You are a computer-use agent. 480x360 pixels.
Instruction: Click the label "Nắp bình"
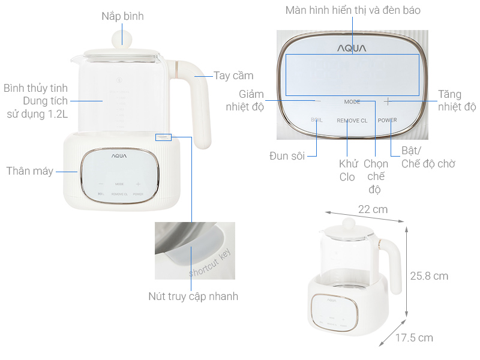pos(122,16)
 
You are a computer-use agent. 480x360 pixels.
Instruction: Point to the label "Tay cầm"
pos(233,76)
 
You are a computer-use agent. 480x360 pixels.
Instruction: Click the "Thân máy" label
pos(29,171)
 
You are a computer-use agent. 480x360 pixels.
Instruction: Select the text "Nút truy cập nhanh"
pos(193,296)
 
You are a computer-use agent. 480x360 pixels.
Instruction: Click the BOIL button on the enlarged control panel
pos(317,120)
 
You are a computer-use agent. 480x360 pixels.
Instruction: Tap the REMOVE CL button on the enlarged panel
pos(352,121)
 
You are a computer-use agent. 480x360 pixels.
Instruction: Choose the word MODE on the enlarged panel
pos(352,102)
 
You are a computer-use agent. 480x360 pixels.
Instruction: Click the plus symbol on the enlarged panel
pos(388,101)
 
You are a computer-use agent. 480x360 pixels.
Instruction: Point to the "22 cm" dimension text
pos(373,209)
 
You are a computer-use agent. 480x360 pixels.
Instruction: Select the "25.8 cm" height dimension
pos(429,276)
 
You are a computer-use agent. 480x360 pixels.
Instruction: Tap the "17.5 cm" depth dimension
pos(414,338)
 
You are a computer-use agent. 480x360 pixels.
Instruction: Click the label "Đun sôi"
pos(287,156)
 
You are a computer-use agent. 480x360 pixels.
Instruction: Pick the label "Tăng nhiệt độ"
pos(457,101)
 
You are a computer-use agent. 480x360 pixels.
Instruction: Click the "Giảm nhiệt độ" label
pos(244,101)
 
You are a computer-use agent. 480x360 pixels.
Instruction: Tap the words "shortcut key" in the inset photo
pos(209,262)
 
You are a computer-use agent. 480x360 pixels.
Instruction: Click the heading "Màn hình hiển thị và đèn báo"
pos(353,10)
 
